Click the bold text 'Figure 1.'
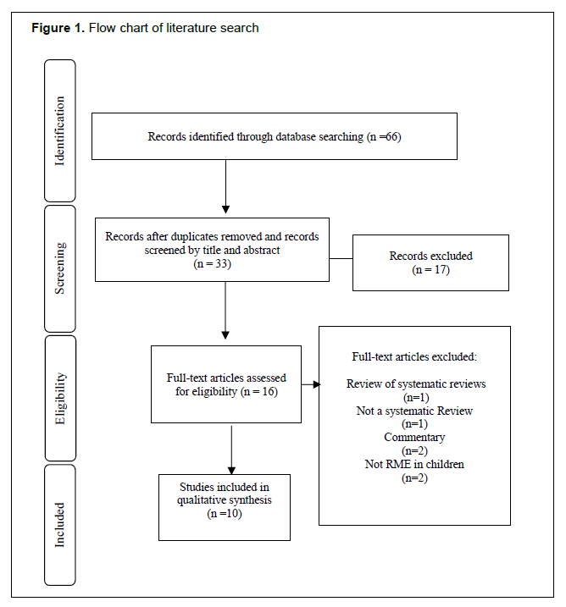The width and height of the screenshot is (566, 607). (x=58, y=28)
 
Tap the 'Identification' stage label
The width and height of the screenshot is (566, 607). (x=59, y=131)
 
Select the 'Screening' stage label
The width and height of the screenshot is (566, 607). (x=59, y=268)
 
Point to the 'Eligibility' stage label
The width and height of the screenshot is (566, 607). (x=60, y=399)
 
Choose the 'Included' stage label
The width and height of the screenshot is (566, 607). (x=59, y=525)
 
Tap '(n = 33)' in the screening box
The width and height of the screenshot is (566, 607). (x=213, y=264)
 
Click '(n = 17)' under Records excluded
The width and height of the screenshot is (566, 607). (x=430, y=269)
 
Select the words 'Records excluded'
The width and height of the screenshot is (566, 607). (x=430, y=256)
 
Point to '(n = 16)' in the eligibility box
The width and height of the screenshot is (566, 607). (x=259, y=391)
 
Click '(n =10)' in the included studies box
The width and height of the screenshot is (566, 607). (x=225, y=514)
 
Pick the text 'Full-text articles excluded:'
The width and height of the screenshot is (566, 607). (x=414, y=356)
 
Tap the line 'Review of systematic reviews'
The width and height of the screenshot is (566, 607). (x=416, y=384)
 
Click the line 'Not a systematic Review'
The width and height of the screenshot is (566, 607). (x=414, y=411)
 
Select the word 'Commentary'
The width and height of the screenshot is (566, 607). (x=414, y=438)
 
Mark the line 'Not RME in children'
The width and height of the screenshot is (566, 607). (x=414, y=464)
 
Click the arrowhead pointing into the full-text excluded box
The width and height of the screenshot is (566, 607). (x=317, y=384)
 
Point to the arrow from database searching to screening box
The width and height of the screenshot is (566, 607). (x=226, y=186)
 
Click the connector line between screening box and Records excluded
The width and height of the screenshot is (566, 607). (x=341, y=258)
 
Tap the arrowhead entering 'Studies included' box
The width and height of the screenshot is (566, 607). (x=231, y=471)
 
